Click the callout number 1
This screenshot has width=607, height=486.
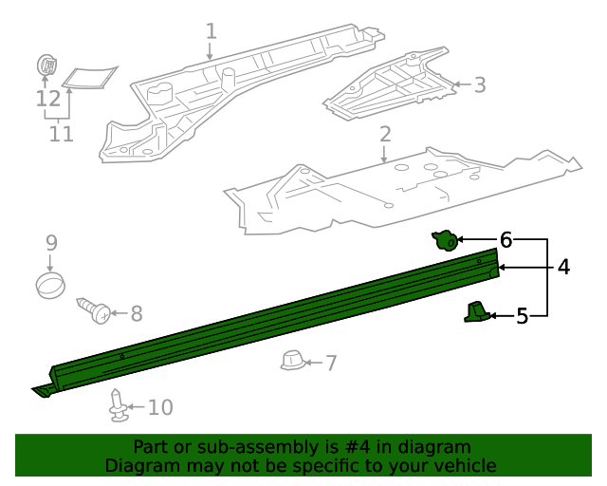[x=211, y=31]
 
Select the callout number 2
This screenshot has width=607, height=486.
[x=384, y=134]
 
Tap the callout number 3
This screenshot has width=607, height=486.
[x=479, y=85]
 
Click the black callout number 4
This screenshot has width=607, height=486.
[x=563, y=268]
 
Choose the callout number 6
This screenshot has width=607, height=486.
[x=506, y=240]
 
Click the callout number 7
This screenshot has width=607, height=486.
[x=330, y=363]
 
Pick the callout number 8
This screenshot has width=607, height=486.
[x=136, y=311]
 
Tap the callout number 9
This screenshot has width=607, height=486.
[x=51, y=243]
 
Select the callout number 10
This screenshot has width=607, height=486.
[x=160, y=407]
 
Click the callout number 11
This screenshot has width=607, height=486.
[x=61, y=134]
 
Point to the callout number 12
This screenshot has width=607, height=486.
[x=47, y=98]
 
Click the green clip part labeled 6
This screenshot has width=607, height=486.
[x=444, y=240]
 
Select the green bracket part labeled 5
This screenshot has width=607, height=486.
[x=476, y=311]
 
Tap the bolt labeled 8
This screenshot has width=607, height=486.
[x=96, y=309]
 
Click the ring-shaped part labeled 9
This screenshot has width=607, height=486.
[x=51, y=284]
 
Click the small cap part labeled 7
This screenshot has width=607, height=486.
[x=292, y=361]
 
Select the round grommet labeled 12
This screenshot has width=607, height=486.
[x=46, y=65]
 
